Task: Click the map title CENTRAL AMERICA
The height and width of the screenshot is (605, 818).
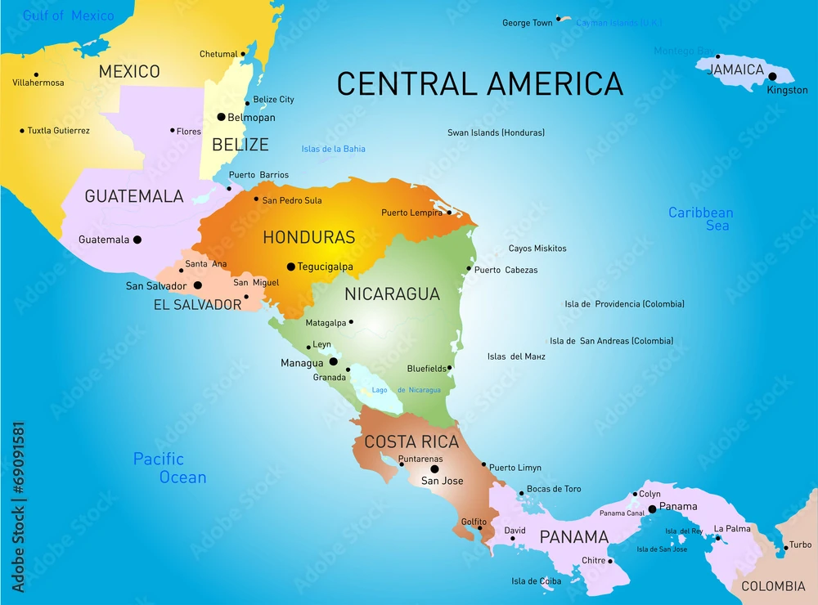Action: pos(480,83)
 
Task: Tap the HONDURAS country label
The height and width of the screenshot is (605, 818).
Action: pos(308,237)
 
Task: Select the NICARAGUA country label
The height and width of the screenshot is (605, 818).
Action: pos(392,294)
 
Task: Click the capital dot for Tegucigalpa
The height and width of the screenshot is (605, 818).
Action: pos(290,267)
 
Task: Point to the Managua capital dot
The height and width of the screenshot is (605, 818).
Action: pos(333,361)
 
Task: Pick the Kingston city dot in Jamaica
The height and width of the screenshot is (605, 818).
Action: pos(772,76)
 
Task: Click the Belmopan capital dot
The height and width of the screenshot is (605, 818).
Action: pos(221,117)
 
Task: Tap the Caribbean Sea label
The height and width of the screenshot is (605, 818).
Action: pos(701,218)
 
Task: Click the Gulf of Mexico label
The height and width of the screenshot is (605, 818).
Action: pos(68,16)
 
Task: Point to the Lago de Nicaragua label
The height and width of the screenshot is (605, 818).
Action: pos(406,390)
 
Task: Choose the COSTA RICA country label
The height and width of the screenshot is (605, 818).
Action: pos(411,441)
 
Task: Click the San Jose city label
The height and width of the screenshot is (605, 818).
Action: pos(442,481)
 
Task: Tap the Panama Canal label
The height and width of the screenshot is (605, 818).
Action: pos(622,513)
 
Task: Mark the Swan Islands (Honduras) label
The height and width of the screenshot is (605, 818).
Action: pos(496,132)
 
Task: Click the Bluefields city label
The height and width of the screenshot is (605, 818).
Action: pos(426,369)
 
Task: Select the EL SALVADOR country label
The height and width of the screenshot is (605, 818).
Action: pos(197,305)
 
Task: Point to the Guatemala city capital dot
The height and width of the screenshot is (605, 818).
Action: pos(137,240)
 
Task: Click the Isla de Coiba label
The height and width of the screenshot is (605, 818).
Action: pos(537,581)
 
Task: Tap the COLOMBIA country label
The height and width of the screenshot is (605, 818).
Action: pos(773,586)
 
